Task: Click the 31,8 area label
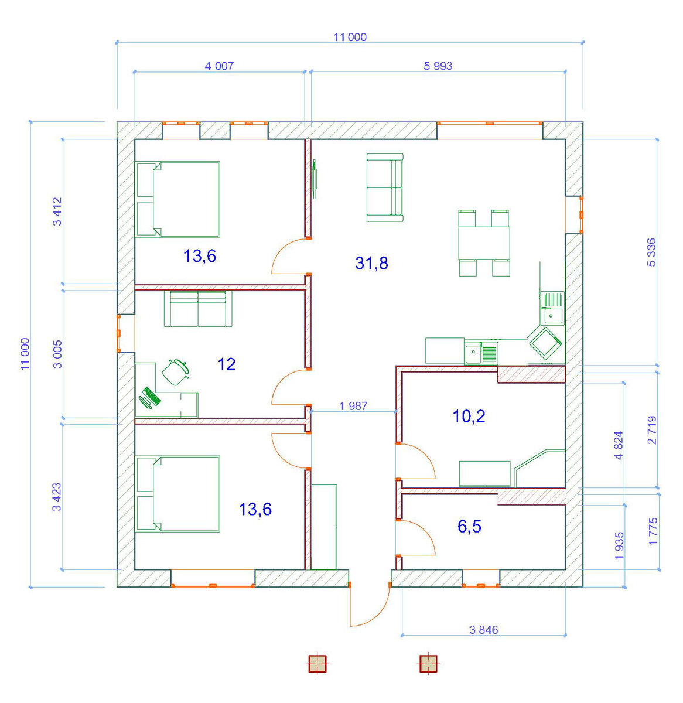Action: tap(371, 263)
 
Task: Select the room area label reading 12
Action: tap(227, 364)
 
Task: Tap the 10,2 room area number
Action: tap(469, 416)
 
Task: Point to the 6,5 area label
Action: tap(469, 526)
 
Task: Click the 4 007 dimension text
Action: tap(219, 66)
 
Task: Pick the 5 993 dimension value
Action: tap(438, 66)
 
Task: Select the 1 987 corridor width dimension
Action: tap(353, 406)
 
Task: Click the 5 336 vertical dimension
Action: tap(651, 252)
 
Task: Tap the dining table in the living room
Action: tap(484, 243)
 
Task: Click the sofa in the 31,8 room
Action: tap(385, 187)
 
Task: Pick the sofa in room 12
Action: tap(198, 309)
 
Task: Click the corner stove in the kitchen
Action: tap(545, 342)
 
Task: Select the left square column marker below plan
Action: tap(317, 664)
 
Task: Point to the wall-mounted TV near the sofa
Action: tap(314, 179)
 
